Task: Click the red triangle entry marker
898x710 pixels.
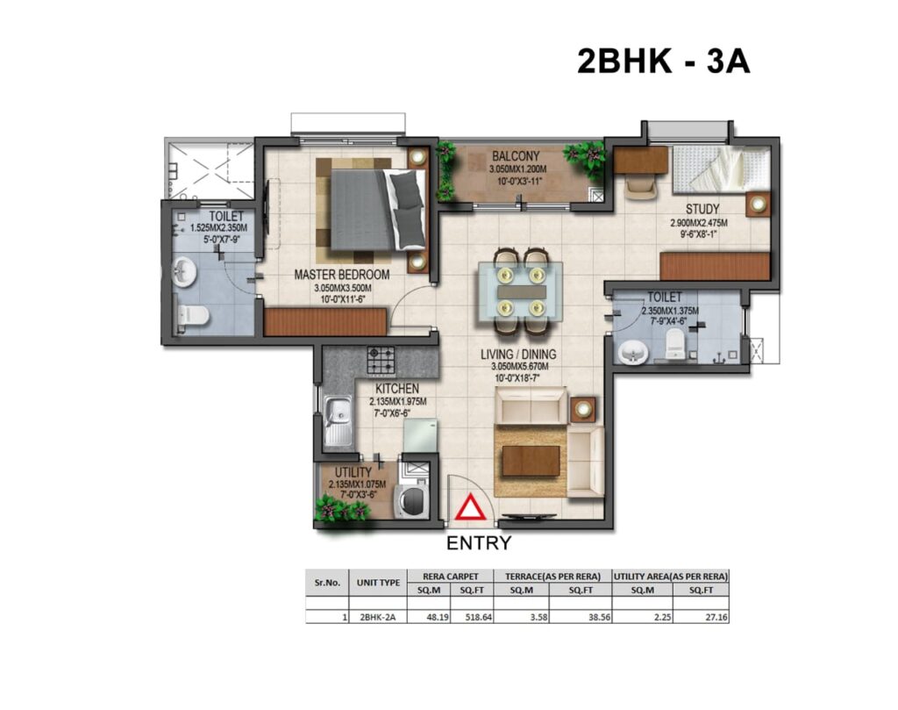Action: tap(471, 509)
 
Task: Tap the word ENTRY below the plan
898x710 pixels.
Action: tap(479, 542)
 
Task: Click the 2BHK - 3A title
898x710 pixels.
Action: tap(663, 61)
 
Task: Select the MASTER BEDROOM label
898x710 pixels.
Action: tap(342, 275)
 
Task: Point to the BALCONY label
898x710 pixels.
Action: tap(516, 156)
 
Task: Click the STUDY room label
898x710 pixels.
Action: tap(702, 209)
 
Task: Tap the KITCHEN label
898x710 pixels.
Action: tap(397, 389)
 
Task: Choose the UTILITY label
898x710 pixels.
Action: tap(353, 473)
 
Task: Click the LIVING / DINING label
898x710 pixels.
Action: tap(518, 355)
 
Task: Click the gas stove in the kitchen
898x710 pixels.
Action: tap(381, 360)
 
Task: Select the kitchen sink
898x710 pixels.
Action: tap(339, 421)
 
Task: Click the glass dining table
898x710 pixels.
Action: tap(521, 291)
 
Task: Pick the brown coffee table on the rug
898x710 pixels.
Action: tap(531, 461)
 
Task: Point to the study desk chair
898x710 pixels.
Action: tap(641, 184)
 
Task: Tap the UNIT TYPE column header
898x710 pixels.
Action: tap(378, 583)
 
